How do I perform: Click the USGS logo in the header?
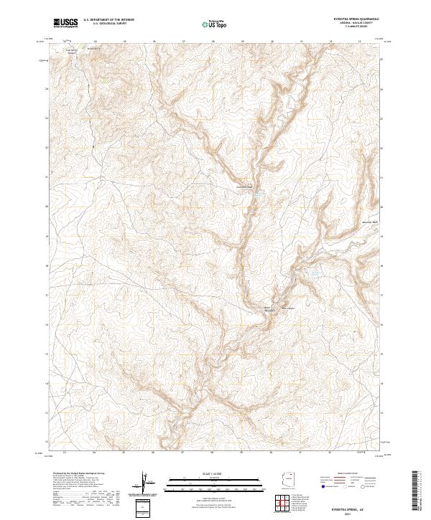coord(66,23)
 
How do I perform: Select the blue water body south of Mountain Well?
coord(313,273)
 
